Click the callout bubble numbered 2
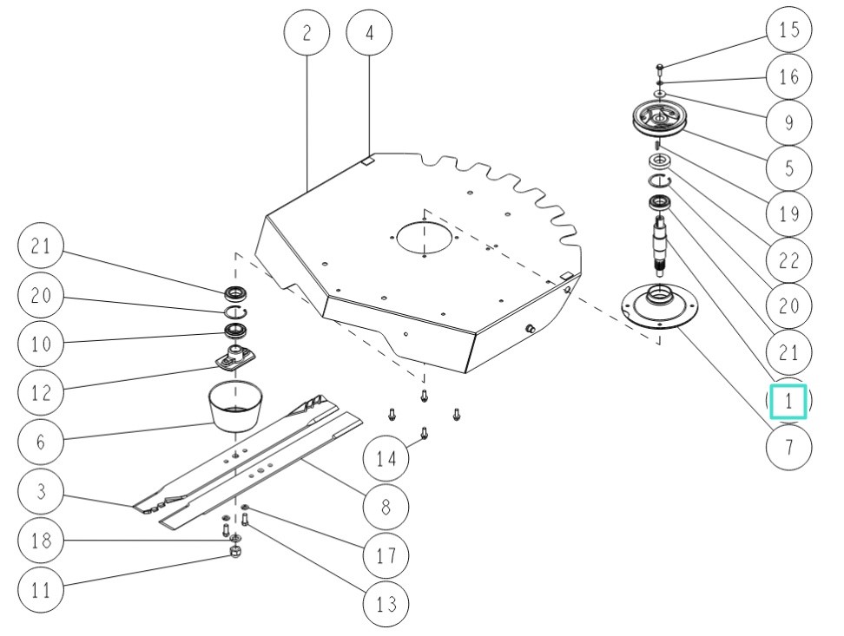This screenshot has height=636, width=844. pyautogui.click(x=307, y=34)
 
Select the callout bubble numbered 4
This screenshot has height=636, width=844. pyautogui.click(x=369, y=34)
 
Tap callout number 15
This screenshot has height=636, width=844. pyautogui.click(x=788, y=30)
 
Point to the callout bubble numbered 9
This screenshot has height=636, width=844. pyautogui.click(x=788, y=122)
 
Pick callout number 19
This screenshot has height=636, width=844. pyautogui.click(x=788, y=214)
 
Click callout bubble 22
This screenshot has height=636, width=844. pyautogui.click(x=788, y=260)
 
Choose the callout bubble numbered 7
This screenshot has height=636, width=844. pyautogui.click(x=788, y=449)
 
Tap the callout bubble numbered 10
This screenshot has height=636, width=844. pyautogui.click(x=40, y=344)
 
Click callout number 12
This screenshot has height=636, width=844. pyautogui.click(x=40, y=393)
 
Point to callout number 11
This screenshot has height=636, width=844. pyautogui.click(x=40, y=591)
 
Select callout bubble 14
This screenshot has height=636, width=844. pyautogui.click(x=386, y=457)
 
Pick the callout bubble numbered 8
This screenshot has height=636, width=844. pyautogui.click(x=386, y=508)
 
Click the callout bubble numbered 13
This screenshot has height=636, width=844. pyautogui.click(x=386, y=603)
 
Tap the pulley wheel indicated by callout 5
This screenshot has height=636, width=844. pyautogui.click(x=659, y=119)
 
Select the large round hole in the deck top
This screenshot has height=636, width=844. pyautogui.click(x=423, y=239)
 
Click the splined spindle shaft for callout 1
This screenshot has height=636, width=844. pyautogui.click(x=661, y=245)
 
